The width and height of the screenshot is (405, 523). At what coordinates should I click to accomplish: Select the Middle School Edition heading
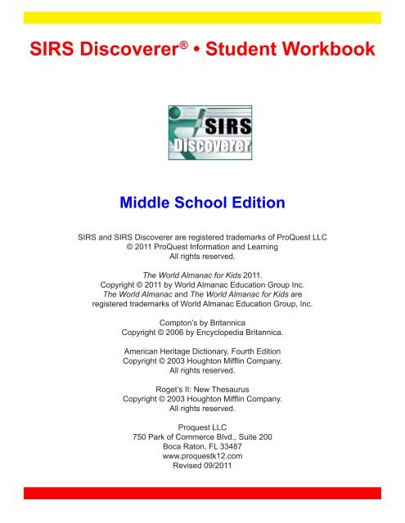[x=202, y=201]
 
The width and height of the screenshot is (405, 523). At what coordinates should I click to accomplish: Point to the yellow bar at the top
[x=202, y=17]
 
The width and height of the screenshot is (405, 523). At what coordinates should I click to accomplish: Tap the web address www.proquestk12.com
[x=202, y=457]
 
